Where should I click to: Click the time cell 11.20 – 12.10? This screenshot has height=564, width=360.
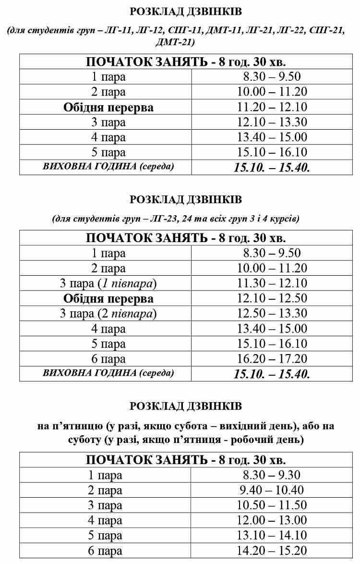272,107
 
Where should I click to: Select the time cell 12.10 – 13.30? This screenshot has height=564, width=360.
272,122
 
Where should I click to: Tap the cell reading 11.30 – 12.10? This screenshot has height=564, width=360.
272,283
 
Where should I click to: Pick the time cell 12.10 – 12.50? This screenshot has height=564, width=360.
272,298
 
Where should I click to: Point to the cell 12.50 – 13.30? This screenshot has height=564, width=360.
272,314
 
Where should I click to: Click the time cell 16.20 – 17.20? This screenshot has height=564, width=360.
272,359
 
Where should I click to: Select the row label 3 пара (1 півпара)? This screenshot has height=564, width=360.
108,283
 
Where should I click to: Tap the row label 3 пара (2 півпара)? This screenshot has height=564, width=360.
108,314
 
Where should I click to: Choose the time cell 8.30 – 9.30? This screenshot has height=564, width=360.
272,475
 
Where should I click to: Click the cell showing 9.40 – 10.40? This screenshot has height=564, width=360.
272,490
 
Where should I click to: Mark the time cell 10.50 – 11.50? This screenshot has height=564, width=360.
272,505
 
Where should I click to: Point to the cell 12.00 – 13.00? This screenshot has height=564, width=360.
272,521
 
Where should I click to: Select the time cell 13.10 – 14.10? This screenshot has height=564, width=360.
272,536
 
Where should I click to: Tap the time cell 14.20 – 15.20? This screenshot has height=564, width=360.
272,551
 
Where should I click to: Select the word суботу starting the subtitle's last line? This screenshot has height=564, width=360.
82,439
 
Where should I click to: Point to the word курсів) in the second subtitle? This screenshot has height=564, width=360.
284,219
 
